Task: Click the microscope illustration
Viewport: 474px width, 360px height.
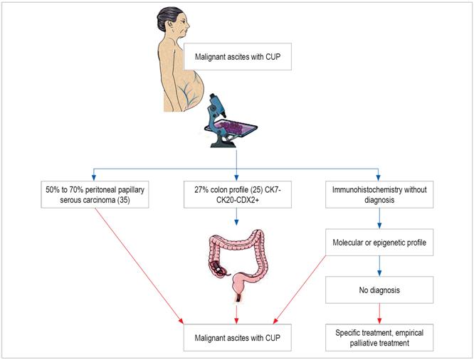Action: [x=226, y=122]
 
